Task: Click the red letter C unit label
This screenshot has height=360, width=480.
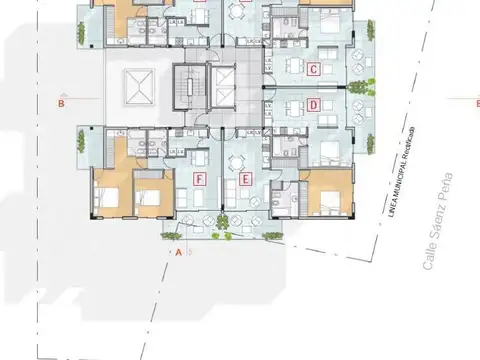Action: click(x=313, y=70)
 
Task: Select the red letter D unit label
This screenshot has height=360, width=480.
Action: click(x=313, y=105)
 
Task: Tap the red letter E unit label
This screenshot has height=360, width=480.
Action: click(x=245, y=180)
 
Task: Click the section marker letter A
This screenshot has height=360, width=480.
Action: click(x=178, y=253)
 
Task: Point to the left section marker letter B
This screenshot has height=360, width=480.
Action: click(x=61, y=102)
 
